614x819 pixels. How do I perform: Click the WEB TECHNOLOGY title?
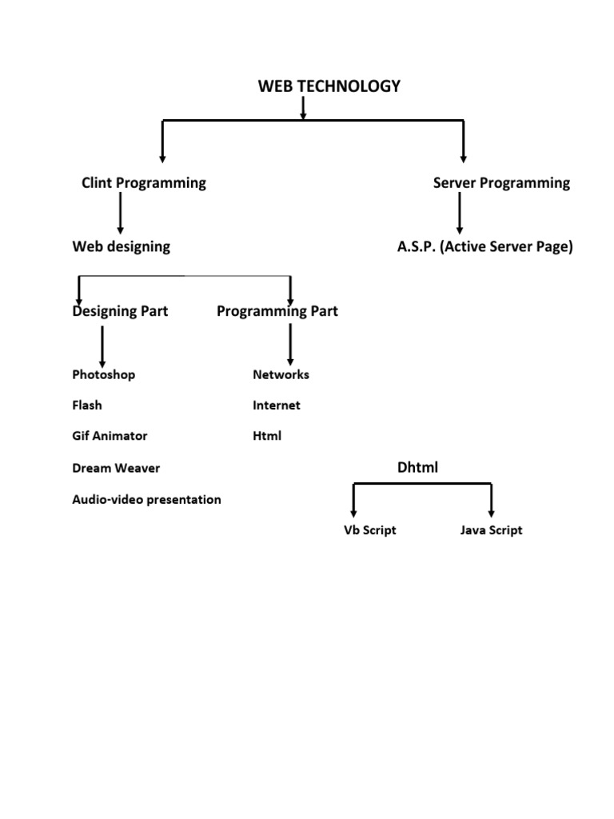(x=329, y=86)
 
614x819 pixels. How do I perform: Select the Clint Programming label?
(x=144, y=183)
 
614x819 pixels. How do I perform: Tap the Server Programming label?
(x=501, y=183)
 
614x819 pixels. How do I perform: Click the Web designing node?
(x=121, y=246)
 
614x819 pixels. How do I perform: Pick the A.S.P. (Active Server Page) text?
(x=485, y=247)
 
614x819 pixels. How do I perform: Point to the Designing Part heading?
(x=120, y=311)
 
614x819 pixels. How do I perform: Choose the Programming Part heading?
(x=277, y=311)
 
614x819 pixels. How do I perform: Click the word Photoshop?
(x=104, y=374)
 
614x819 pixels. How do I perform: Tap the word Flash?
(x=87, y=406)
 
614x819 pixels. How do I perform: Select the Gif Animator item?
(x=110, y=437)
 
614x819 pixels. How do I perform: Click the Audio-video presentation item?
(x=146, y=500)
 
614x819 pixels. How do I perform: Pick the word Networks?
(x=281, y=374)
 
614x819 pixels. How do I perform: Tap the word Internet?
(x=277, y=406)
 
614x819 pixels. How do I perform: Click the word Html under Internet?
(x=267, y=437)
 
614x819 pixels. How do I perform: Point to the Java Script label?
(x=491, y=530)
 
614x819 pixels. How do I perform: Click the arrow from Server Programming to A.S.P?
(x=460, y=214)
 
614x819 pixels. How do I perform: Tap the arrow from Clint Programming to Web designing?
(x=120, y=214)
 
